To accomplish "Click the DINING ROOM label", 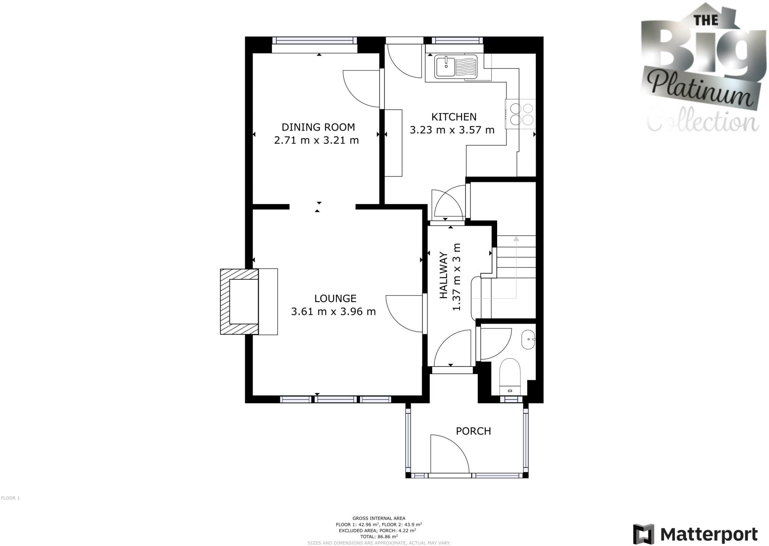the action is (318, 127).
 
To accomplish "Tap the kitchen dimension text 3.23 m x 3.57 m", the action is (452, 130).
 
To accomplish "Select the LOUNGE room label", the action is (335, 299).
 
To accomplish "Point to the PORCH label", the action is (473, 431).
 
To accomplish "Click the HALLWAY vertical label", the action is (444, 276).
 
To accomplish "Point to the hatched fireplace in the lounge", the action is (239, 302).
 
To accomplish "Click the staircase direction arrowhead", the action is (516, 238).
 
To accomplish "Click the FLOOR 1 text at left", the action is (10, 498).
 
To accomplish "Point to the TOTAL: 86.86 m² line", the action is (379, 537).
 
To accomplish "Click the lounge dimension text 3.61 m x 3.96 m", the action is (333, 312).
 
